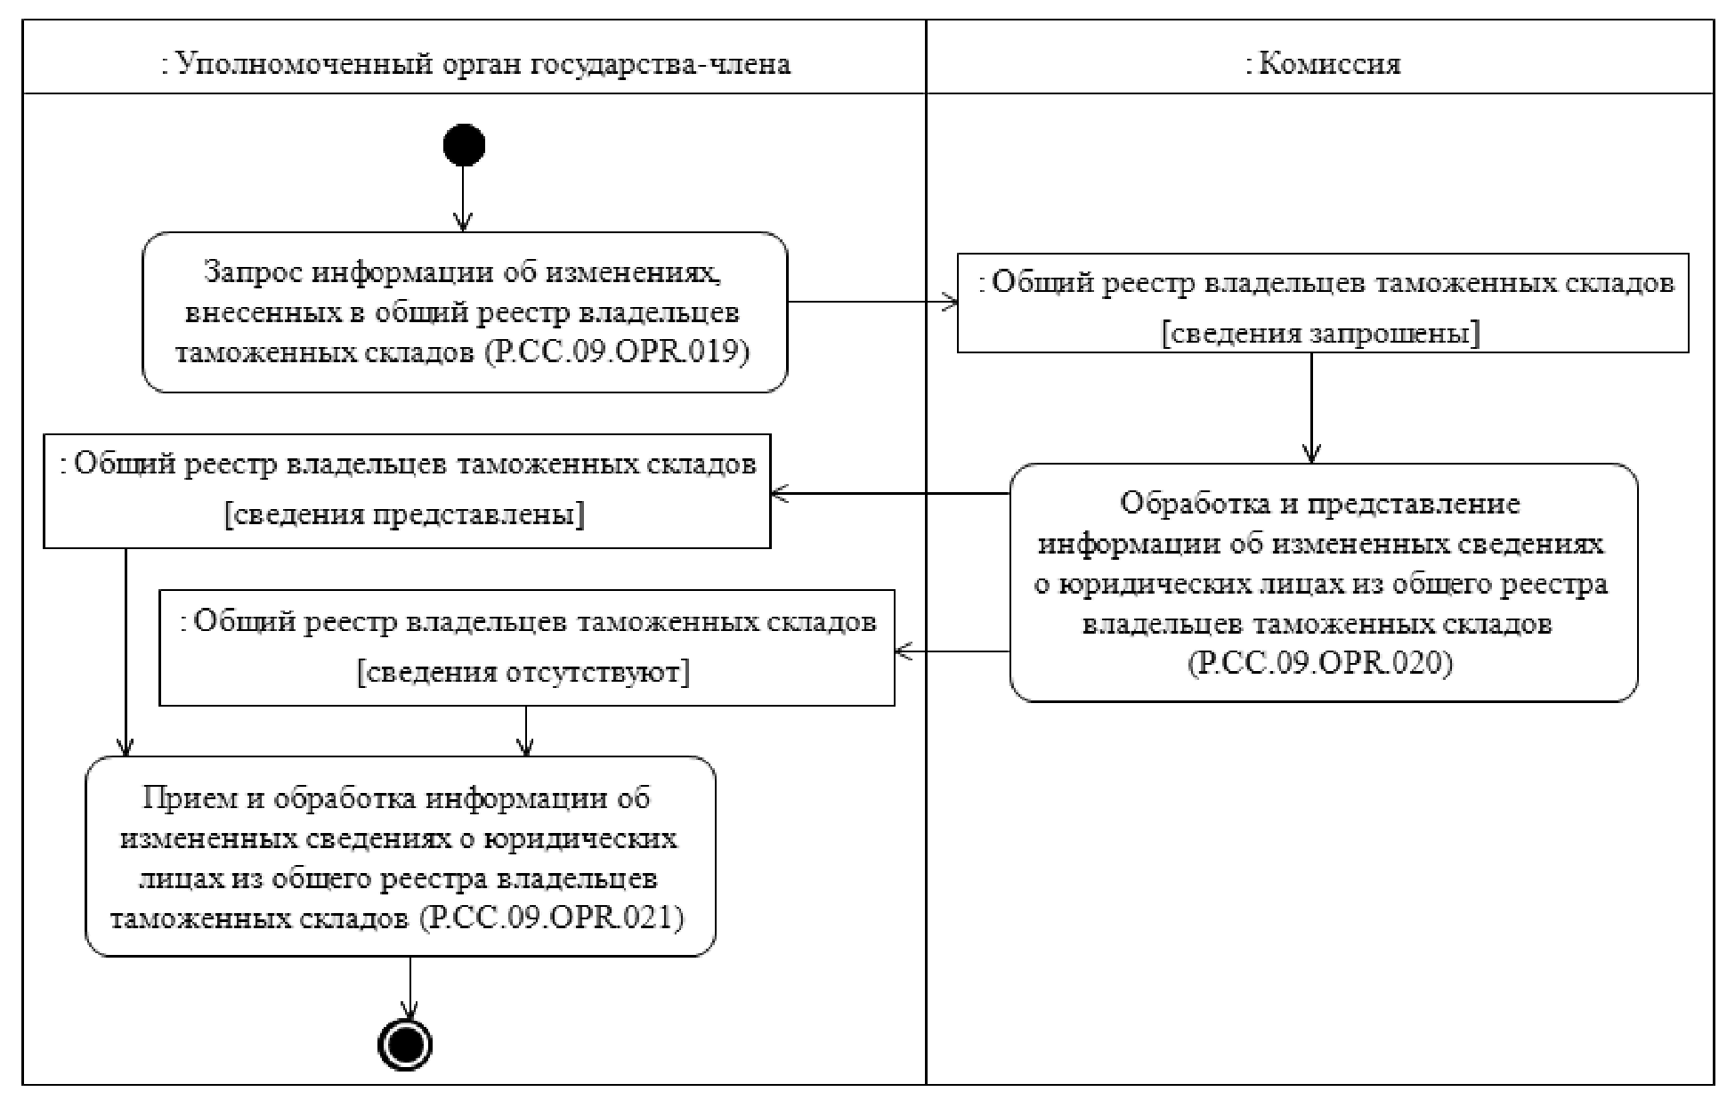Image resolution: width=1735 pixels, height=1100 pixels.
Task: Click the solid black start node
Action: tap(464, 145)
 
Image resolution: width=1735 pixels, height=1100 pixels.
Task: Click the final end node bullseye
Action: tap(407, 1044)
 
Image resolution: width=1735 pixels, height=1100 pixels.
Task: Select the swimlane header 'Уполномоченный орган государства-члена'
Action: tap(475, 64)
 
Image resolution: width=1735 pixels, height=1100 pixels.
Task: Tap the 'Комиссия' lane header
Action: tap(1322, 64)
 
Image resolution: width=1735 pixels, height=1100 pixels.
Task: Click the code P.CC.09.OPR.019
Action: tap(619, 352)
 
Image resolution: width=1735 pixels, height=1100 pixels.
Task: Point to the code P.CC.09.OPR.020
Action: tap(1321, 664)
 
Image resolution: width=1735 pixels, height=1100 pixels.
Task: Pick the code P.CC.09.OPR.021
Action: tap(552, 918)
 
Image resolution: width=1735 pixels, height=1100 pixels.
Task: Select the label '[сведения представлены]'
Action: tap(406, 515)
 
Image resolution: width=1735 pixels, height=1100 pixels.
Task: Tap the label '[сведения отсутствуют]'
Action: tap(524, 672)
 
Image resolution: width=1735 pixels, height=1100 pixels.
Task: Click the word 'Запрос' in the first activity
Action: tap(255, 271)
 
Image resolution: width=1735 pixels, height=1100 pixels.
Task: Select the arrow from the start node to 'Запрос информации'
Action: tap(464, 199)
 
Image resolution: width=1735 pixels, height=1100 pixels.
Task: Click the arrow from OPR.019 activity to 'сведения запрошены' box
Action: tap(872, 302)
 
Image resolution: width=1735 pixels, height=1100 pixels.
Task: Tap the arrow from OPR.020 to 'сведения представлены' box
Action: tap(890, 493)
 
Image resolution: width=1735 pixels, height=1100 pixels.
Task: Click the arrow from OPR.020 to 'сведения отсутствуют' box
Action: tap(953, 651)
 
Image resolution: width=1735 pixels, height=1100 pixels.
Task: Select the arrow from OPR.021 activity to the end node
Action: tap(409, 988)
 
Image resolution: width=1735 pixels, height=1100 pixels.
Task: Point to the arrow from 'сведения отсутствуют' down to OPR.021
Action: tap(526, 731)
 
